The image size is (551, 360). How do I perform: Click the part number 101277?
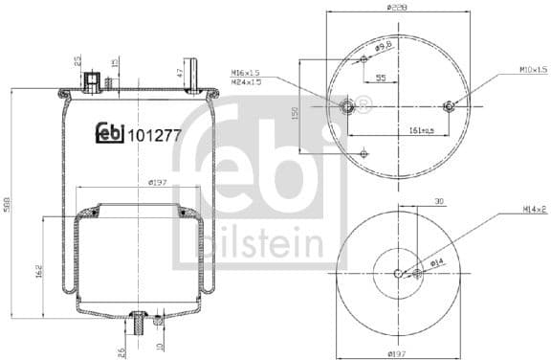click(x=153, y=136)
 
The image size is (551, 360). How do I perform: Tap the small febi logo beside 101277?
click(x=110, y=136)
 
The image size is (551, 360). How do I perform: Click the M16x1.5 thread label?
click(x=246, y=71)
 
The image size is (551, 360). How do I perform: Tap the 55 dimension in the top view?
click(x=381, y=79)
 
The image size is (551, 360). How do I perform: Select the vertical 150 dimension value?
click(x=297, y=113)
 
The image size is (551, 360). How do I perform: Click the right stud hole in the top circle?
click(x=452, y=104)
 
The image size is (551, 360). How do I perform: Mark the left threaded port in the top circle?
click(x=347, y=103)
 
